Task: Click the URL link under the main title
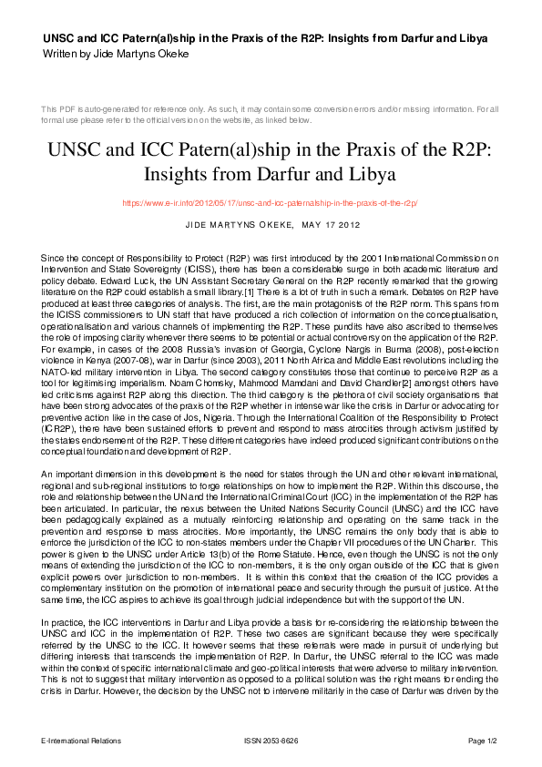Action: pos(270,203)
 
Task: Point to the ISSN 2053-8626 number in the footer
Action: pos(271,741)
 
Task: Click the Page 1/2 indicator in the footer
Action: pos(483,741)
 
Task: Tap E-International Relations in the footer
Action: pos(81,741)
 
